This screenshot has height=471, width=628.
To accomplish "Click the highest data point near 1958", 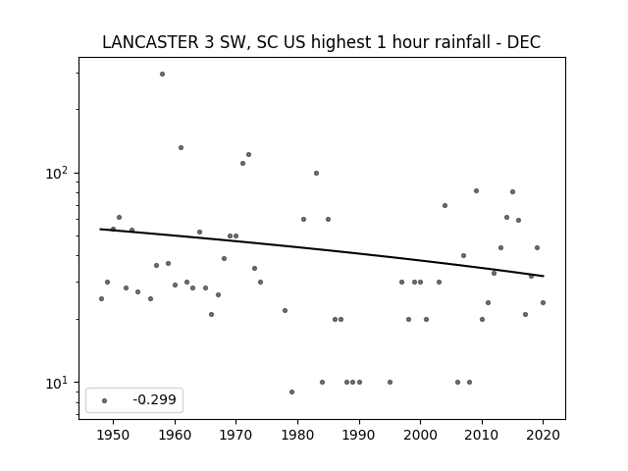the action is click(162, 75).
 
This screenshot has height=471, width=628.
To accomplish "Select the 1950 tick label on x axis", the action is click(114, 435).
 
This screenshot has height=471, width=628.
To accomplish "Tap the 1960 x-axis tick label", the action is click(175, 435).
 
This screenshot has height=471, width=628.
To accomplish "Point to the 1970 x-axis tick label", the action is click(235, 435).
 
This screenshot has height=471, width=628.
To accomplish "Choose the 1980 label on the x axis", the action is click(297, 435).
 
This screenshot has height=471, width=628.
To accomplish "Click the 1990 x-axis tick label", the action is click(359, 435).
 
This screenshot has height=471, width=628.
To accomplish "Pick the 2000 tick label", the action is click(420, 435).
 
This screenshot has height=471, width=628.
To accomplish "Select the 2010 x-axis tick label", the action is click(482, 435).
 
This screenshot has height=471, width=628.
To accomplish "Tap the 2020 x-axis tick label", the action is click(543, 435).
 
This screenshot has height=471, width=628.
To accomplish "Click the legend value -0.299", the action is click(155, 399).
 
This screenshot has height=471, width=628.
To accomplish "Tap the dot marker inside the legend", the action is click(105, 400).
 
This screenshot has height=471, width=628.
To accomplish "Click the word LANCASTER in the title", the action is click(150, 42).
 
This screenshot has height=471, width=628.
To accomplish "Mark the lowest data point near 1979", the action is click(291, 392).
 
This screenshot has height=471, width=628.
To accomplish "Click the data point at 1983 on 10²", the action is click(316, 173).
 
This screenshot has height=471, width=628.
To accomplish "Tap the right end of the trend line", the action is click(544, 276).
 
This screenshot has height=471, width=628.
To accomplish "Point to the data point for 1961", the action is click(181, 148).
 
